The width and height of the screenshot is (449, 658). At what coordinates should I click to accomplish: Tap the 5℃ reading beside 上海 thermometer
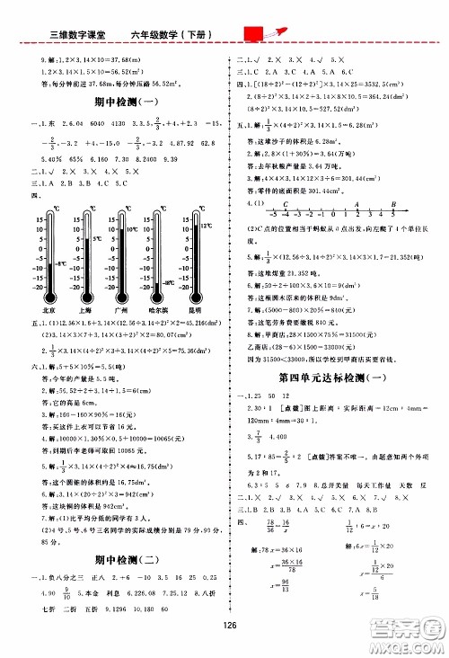click(96, 240)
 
